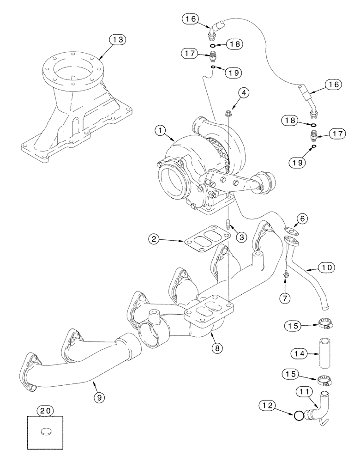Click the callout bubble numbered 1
(x=162, y=131)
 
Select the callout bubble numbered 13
(x=118, y=40)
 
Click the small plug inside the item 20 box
(x=45, y=432)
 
